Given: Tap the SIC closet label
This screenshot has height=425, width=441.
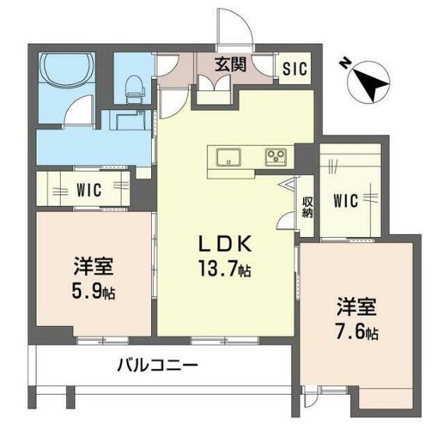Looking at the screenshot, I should coord(295,68).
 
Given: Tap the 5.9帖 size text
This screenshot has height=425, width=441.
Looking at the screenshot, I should coord(94,292).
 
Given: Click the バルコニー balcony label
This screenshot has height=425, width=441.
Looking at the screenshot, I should coord(158,365).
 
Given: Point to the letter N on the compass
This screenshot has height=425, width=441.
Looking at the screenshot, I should coord(345,66).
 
